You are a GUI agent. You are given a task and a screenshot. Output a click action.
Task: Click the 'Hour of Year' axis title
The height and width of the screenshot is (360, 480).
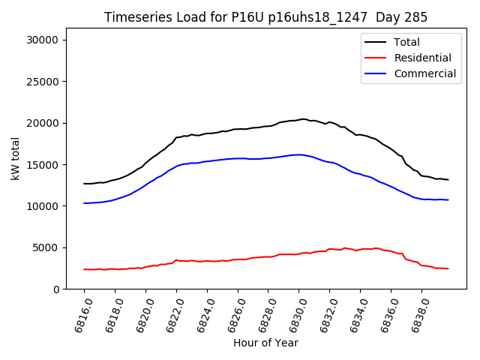(265, 343)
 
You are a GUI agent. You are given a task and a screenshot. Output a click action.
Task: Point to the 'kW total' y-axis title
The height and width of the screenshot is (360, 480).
(16, 158)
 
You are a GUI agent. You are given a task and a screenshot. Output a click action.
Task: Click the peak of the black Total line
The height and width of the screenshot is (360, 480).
(303, 118)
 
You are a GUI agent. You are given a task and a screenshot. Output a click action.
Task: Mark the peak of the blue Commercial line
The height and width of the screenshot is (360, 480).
(298, 154)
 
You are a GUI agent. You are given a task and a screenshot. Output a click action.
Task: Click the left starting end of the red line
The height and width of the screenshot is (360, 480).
(84, 269)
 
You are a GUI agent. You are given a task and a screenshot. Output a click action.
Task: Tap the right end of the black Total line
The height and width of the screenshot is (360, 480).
(448, 180)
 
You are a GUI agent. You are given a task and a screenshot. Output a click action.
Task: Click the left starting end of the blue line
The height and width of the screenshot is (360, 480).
(84, 203)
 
